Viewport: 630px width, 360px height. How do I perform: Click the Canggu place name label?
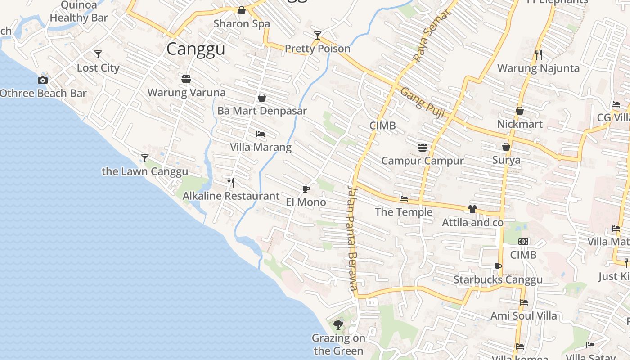coord(196,49)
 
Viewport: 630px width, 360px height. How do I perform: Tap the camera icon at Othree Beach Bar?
coord(43,80)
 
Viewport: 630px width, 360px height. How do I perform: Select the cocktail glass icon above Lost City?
coord(98,54)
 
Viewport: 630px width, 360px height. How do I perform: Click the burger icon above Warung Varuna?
coord(186,79)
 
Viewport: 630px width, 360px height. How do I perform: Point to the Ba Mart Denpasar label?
coord(262,111)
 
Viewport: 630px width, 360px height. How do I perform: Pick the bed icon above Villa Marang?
coord(261,134)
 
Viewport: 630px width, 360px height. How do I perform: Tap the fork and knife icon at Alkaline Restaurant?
coord(231,182)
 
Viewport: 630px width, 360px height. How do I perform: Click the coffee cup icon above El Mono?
coord(306,189)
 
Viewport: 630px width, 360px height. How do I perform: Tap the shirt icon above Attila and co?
coord(472,209)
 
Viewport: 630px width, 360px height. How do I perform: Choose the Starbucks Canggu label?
coord(498,279)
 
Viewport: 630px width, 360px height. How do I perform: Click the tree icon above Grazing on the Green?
coord(338,324)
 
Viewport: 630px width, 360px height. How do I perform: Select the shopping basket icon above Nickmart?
coord(520,111)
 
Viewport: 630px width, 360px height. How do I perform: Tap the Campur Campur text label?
coord(423,161)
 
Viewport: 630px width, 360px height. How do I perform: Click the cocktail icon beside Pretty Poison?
coord(318,35)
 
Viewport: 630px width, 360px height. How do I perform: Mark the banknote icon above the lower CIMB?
coord(523,242)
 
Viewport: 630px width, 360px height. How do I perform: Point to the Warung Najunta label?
coord(538,68)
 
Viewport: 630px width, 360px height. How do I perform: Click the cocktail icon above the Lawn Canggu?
coord(145,158)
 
